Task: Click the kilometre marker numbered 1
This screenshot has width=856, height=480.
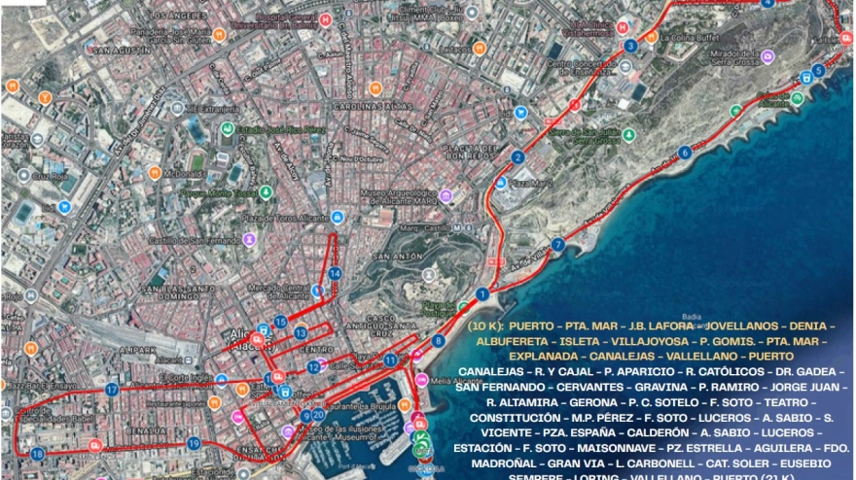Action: click(482, 293)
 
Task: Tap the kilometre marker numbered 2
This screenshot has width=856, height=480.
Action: click(517, 157)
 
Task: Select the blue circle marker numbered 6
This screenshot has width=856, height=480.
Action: click(686, 152)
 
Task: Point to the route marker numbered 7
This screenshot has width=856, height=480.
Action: click(557, 245)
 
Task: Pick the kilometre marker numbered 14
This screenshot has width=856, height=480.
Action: click(335, 274)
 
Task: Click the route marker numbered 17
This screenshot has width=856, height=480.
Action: click(112, 389)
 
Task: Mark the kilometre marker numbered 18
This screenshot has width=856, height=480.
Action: click(37, 453)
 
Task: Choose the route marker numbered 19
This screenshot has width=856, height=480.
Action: click(194, 443)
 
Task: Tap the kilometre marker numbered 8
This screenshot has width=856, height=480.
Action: click(439, 341)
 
